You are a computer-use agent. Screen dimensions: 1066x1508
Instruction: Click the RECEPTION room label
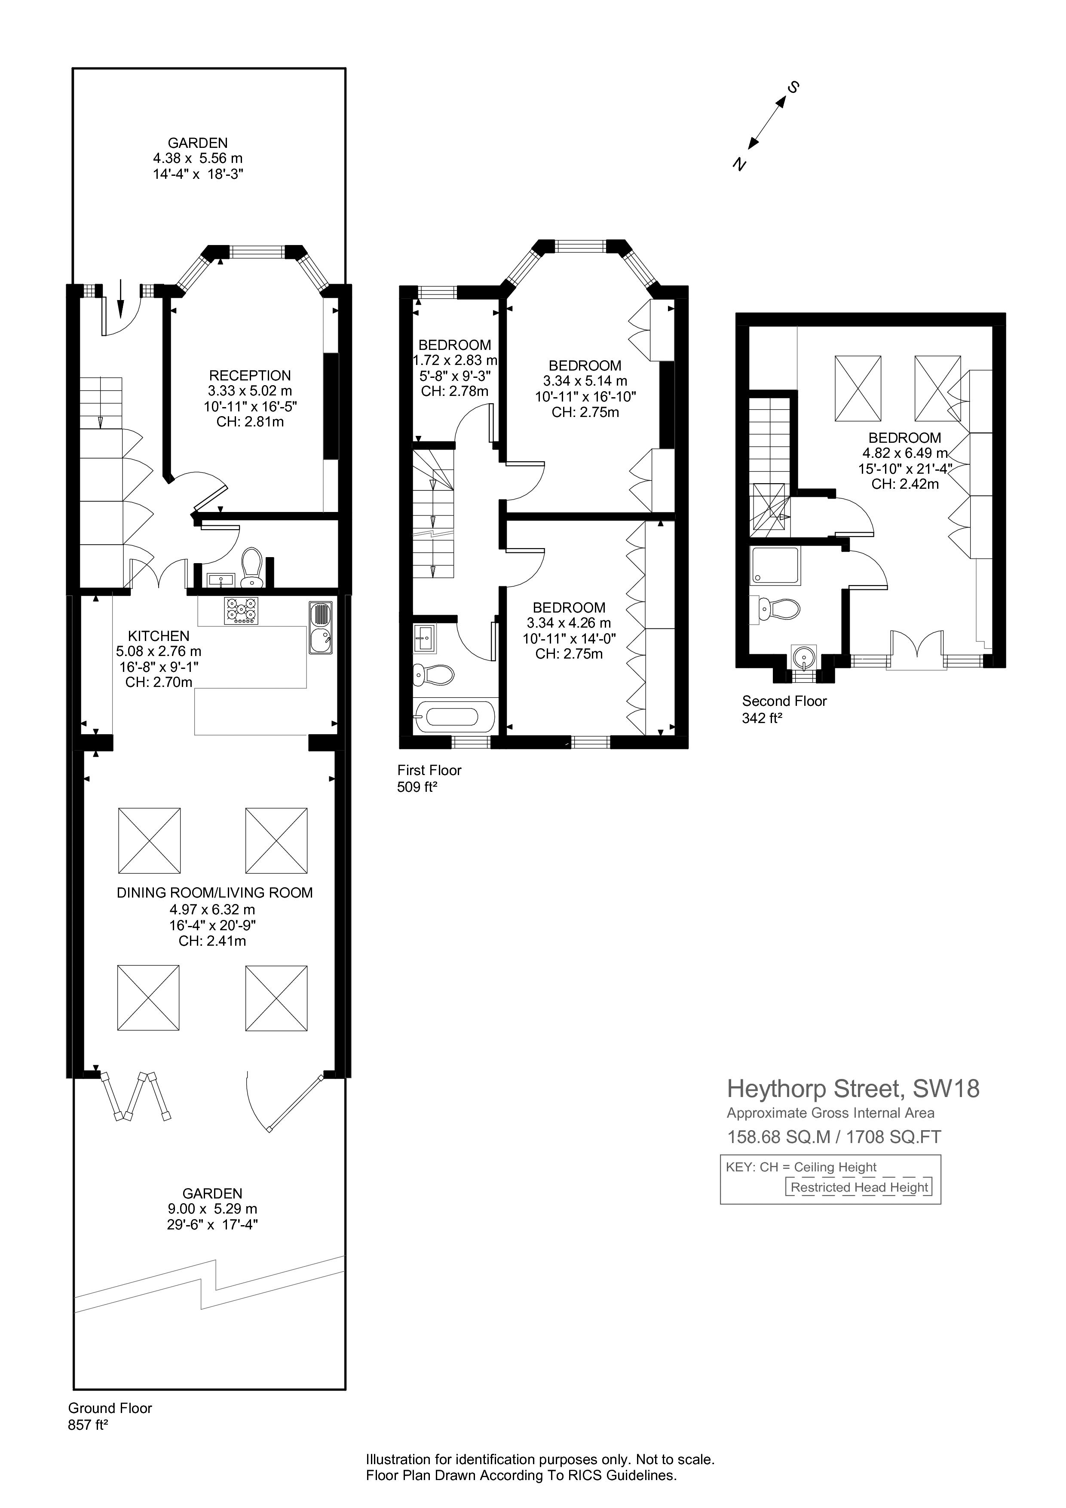250,376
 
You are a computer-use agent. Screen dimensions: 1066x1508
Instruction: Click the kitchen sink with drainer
321,628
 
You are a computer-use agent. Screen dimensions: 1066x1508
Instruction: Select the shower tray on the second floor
775,566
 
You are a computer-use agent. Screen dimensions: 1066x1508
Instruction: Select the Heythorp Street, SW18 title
853,1089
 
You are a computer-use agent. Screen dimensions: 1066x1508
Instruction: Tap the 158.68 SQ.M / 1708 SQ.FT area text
834,1137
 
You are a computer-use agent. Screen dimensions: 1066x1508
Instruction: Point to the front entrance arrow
120,297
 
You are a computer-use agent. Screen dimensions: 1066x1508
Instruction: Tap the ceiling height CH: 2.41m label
212,941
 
